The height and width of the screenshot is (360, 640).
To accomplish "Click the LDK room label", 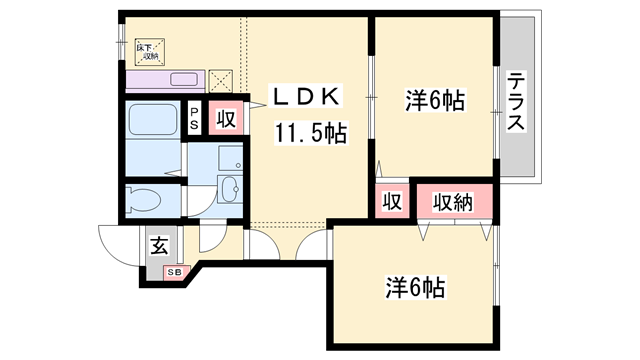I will click(x=310, y=98).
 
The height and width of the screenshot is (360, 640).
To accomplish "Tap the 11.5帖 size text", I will click(x=311, y=132).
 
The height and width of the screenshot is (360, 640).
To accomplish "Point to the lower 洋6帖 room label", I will click(x=414, y=287).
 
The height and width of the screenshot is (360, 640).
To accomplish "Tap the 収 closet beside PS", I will click(x=227, y=119).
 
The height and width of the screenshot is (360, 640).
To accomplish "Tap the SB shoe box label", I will click(x=173, y=272).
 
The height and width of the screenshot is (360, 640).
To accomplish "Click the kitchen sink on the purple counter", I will click(x=185, y=79).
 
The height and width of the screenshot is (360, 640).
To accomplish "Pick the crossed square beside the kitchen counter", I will click(x=220, y=79).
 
